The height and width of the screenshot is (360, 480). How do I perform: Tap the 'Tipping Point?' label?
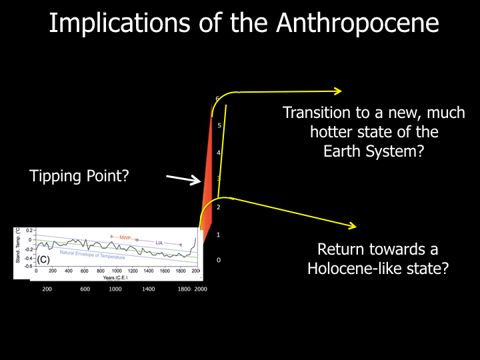tap(79, 177)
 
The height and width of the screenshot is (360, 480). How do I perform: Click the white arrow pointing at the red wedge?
tap(183, 179)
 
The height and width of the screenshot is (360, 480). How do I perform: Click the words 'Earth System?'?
tap(373, 151)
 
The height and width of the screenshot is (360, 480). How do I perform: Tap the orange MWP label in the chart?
tap(125, 237)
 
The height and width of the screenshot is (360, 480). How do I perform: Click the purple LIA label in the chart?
tap(159, 243)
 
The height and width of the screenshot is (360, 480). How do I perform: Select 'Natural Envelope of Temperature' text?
tap(92, 254)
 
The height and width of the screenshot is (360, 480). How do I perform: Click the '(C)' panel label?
tap(43, 259)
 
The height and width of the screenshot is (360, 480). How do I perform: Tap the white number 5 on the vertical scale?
tap(219, 125)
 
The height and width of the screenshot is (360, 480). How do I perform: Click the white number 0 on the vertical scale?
tap(219, 260)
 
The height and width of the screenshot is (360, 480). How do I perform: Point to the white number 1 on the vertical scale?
tap(219, 235)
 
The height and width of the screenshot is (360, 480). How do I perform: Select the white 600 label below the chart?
tap(85, 289)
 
